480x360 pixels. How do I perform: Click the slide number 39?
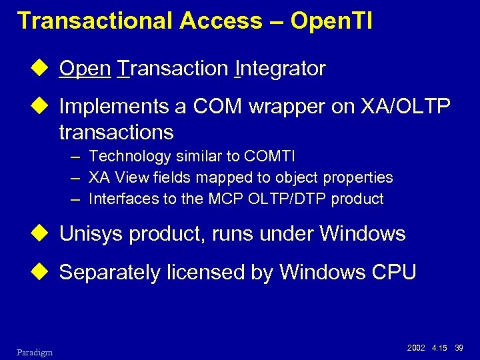click(459, 347)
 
